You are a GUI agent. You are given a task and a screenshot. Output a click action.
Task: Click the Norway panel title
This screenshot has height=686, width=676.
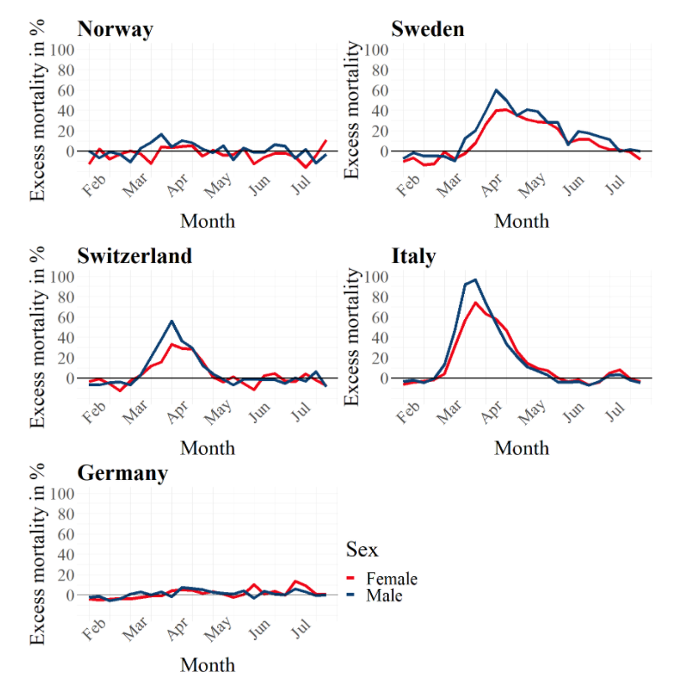pos(115,29)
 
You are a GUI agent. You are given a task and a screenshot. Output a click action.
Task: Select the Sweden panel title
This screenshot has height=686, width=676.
pos(427,29)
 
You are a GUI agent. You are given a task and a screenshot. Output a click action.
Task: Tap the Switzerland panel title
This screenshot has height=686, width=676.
pos(134,255)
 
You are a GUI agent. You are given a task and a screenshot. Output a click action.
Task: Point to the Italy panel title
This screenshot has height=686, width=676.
pos(413,255)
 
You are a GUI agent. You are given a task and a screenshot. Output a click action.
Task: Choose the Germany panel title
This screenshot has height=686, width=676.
pos(122,472)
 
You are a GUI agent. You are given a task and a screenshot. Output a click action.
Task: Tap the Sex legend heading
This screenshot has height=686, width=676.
pos(362,549)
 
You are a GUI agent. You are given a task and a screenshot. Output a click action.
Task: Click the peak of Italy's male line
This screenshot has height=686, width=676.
pos(475,280)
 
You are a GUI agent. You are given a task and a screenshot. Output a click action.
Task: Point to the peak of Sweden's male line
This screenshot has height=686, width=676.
pos(496,90)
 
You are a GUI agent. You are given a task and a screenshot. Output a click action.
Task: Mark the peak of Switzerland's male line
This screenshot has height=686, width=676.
pos(172,321)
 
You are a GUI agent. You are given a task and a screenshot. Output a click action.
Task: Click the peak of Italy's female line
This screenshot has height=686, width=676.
pos(476,302)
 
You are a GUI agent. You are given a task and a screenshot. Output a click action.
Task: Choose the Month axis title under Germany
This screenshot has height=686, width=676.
pos(208,665)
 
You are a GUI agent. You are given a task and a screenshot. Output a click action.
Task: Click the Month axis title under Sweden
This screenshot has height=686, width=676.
pos(521,221)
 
